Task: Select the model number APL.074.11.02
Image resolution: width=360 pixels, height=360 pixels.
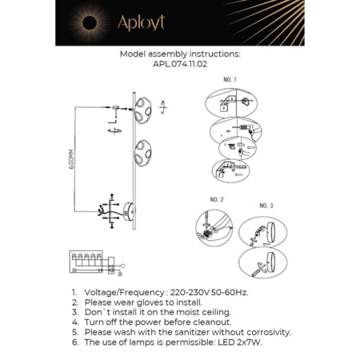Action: tap(179, 65)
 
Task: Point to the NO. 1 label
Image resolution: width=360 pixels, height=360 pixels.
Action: tap(230, 81)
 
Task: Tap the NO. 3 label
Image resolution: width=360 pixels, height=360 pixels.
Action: tap(266, 206)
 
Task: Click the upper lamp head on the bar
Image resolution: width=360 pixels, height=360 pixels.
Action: tap(143, 111)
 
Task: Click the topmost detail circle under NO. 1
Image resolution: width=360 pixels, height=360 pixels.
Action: tap(230, 103)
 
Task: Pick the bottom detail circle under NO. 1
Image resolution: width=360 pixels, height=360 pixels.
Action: tap(231, 170)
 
